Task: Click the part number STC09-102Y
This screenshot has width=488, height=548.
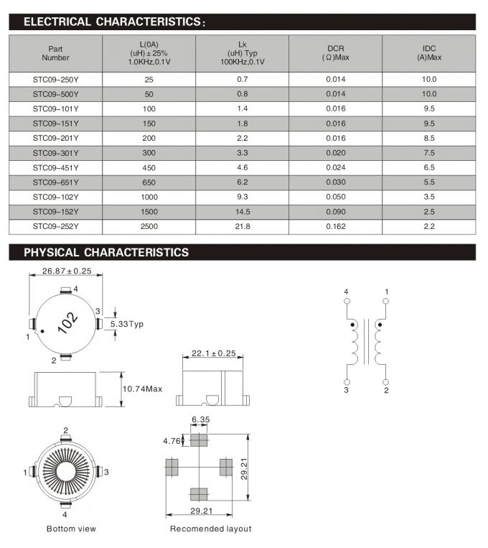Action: (55, 196)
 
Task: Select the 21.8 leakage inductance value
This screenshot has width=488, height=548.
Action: (243, 226)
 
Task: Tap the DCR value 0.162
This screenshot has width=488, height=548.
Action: (336, 226)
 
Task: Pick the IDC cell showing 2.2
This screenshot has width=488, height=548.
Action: (429, 226)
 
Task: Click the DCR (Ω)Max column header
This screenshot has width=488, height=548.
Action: (336, 52)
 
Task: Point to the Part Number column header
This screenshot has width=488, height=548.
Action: (55, 52)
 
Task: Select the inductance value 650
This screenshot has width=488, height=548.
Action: (149, 182)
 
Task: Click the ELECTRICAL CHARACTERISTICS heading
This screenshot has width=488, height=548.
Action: (115, 22)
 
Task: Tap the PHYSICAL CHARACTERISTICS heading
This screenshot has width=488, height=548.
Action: (106, 253)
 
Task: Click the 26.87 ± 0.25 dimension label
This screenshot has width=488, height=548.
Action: (67, 271)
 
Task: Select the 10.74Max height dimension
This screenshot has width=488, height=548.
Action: (141, 389)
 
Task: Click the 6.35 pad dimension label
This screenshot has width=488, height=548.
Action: (200, 419)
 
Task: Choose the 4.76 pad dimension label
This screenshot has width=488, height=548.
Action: (174, 440)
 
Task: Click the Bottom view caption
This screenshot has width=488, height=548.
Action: (71, 529)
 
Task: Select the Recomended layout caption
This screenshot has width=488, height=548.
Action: (210, 529)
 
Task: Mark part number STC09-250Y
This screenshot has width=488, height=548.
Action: (55, 79)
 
